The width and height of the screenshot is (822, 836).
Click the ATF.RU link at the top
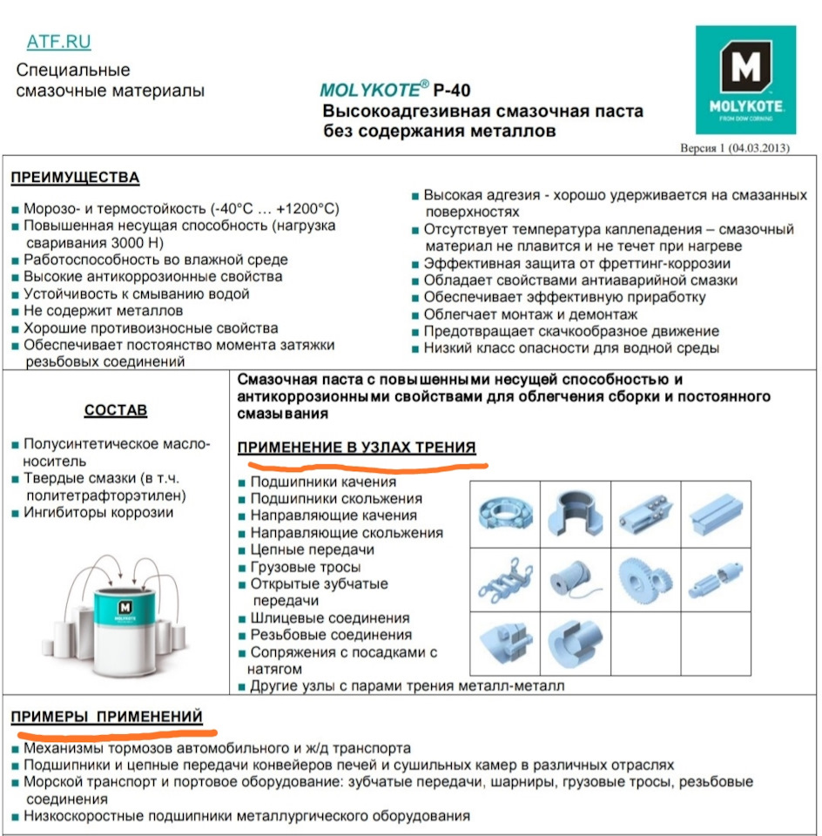[x=58, y=42]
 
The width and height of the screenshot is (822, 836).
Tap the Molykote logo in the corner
[x=745, y=78]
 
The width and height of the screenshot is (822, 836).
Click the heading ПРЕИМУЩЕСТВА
[x=75, y=178]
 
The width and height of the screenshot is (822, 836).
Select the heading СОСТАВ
[x=116, y=410]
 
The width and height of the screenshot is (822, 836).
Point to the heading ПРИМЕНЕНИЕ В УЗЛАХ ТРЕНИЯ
[x=357, y=448]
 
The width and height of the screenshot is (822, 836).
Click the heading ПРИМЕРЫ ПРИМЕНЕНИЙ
[x=107, y=717]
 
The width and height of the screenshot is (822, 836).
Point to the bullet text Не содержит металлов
[x=103, y=310]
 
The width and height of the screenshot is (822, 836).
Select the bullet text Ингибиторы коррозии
[x=98, y=512]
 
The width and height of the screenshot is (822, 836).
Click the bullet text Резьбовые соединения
[x=331, y=635]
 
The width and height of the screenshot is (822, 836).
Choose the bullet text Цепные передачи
[x=312, y=549]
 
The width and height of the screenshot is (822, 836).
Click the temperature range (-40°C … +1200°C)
[x=275, y=209]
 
